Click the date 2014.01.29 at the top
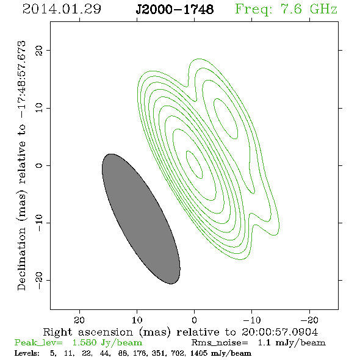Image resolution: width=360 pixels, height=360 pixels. click(62, 9)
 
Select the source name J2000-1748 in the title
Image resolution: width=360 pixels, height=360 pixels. click(175, 10)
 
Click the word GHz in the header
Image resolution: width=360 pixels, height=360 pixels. click(323, 9)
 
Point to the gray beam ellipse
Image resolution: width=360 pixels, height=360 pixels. click(141, 219)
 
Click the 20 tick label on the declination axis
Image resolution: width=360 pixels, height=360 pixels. click(39, 51)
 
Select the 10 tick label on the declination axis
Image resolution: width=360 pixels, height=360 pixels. click(39, 107)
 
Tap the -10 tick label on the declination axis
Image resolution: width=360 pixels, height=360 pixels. click(39, 223)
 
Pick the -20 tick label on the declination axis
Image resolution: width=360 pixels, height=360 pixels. click(39, 280)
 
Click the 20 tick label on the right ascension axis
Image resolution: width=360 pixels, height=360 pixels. click(79, 320)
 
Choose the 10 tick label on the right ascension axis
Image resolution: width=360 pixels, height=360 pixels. click(137, 320)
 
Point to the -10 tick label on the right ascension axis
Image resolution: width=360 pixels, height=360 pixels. click(252, 320)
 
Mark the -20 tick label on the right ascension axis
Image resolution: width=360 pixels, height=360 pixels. click(309, 320)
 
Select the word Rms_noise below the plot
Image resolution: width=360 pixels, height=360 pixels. click(220, 343)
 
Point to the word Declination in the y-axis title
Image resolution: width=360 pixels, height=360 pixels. click(21, 259)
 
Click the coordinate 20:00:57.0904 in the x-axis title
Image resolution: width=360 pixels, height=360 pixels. click(279, 332)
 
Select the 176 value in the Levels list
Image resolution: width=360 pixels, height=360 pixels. click(139, 353)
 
